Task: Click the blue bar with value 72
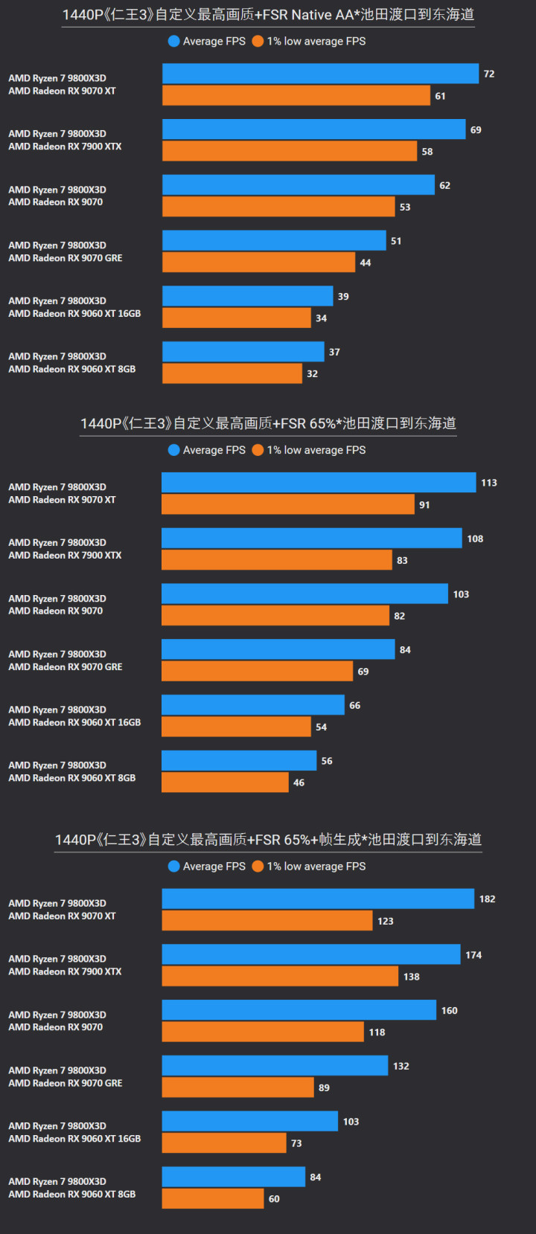(320, 74)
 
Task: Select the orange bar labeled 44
(258, 263)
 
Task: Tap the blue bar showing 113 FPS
(319, 483)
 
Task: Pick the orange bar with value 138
(280, 977)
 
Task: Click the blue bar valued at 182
(318, 899)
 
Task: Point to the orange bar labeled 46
(225, 783)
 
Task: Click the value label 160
(450, 1011)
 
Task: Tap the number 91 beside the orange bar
(424, 505)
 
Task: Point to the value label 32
(313, 374)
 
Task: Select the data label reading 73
(296, 1143)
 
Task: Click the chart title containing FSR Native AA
(268, 15)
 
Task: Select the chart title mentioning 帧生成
(268, 840)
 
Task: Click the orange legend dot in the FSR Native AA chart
(258, 42)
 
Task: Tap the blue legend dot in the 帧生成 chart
(174, 867)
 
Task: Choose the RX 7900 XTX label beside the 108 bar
(65, 556)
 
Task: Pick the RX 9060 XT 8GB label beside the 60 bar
(72, 1195)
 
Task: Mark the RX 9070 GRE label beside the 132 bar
(66, 1084)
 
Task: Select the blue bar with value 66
(253, 705)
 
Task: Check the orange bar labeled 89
(237, 1087)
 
